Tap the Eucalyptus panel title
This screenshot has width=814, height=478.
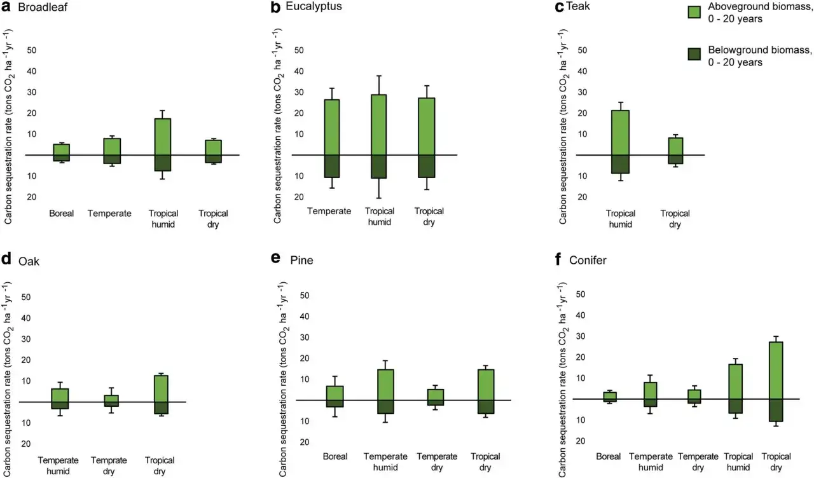point(314,8)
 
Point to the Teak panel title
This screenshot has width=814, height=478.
point(579,8)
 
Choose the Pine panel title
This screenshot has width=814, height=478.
point(301,261)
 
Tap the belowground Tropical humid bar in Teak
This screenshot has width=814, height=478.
point(621,164)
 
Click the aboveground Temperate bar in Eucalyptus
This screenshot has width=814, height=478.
point(332,127)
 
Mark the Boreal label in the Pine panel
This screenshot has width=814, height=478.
point(335,456)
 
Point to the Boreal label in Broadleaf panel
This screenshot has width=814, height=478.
point(62,214)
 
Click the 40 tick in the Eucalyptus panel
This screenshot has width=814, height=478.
point(296,71)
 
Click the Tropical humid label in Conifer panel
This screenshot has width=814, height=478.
point(738,461)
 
